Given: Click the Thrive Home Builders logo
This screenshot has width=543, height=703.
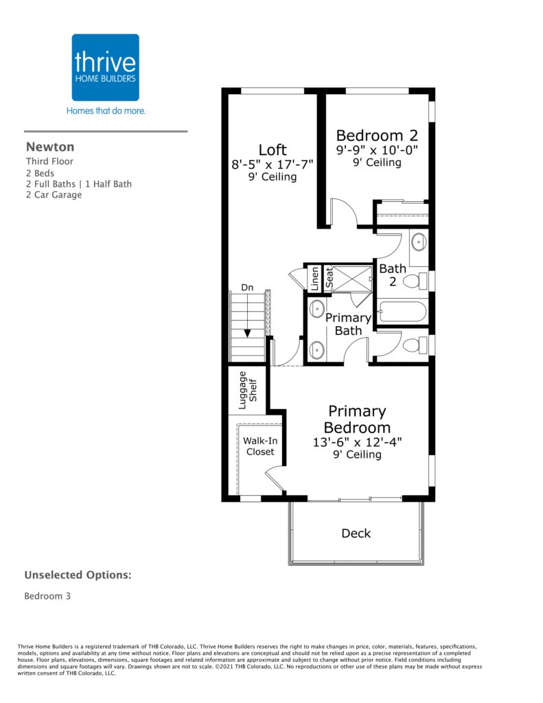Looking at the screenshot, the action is pyautogui.click(x=105, y=67).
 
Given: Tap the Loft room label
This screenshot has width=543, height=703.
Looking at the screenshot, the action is pyautogui.click(x=272, y=150).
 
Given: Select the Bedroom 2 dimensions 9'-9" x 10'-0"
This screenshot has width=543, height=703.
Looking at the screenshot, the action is pyautogui.click(x=377, y=150).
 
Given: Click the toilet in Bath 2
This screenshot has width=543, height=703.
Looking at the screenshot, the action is pyautogui.click(x=415, y=281).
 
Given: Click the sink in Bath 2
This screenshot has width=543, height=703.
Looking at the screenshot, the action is pyautogui.click(x=418, y=242).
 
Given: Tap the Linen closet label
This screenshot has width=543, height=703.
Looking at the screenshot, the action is pyautogui.click(x=315, y=279).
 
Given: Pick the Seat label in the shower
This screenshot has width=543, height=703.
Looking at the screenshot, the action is pyautogui.click(x=330, y=278).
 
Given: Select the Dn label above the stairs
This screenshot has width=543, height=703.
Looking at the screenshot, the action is pyautogui.click(x=247, y=288).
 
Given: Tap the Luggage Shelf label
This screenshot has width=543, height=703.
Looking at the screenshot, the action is pyautogui.click(x=248, y=390).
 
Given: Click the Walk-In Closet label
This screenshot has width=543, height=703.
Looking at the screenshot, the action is pyautogui.click(x=260, y=446).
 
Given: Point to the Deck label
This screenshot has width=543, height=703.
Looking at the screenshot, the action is pyautogui.click(x=356, y=533).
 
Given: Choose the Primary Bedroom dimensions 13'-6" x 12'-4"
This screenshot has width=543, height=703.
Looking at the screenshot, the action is pyautogui.click(x=357, y=442).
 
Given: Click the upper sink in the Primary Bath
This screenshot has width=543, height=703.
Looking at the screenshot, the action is pyautogui.click(x=317, y=310).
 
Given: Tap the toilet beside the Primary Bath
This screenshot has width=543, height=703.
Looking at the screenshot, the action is pyautogui.click(x=415, y=345).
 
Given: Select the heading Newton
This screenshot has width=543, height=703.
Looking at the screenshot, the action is pyautogui.click(x=50, y=147).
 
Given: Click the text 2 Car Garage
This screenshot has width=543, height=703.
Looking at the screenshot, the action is pyautogui.click(x=54, y=195).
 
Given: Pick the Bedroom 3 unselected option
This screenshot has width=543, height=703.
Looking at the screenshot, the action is pyautogui.click(x=47, y=597).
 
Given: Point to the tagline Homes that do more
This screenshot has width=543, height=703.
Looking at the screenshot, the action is pyautogui.click(x=106, y=111).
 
